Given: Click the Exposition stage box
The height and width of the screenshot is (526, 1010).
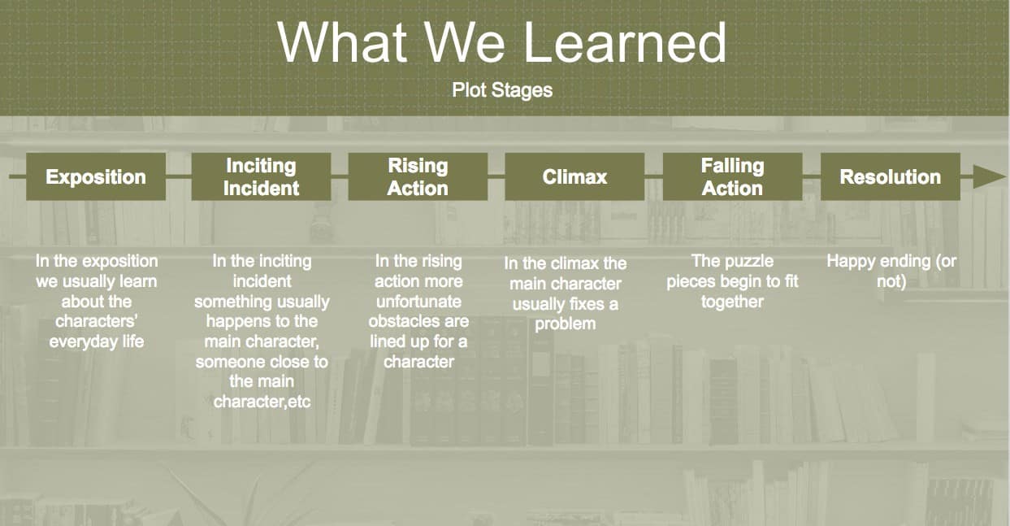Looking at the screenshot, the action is pyautogui.click(x=96, y=176).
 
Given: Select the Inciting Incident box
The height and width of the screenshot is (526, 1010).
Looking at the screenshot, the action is pyautogui.click(x=261, y=176).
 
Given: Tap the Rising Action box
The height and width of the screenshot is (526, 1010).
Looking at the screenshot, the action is pyautogui.click(x=418, y=176).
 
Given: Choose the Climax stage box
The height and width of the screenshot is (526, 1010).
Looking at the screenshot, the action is pyautogui.click(x=574, y=176).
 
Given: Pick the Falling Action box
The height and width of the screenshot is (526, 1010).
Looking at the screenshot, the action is pyautogui.click(x=732, y=176).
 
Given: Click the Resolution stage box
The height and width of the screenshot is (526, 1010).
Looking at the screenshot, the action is pyautogui.click(x=891, y=176).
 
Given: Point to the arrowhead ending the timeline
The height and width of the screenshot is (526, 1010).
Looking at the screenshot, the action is pyautogui.click(x=990, y=176).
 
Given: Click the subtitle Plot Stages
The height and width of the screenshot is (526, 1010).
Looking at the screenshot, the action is pyautogui.click(x=502, y=90).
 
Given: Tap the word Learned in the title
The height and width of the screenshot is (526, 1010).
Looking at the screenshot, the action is pyautogui.click(x=625, y=43).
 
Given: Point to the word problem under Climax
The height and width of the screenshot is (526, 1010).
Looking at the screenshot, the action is pyautogui.click(x=565, y=324).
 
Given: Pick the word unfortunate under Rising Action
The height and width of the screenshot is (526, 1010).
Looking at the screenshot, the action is pyautogui.click(x=419, y=302).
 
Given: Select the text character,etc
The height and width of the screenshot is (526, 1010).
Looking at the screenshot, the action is pyautogui.click(x=262, y=402).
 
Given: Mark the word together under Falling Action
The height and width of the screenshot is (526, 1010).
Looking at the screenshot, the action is pyautogui.click(x=732, y=302).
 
